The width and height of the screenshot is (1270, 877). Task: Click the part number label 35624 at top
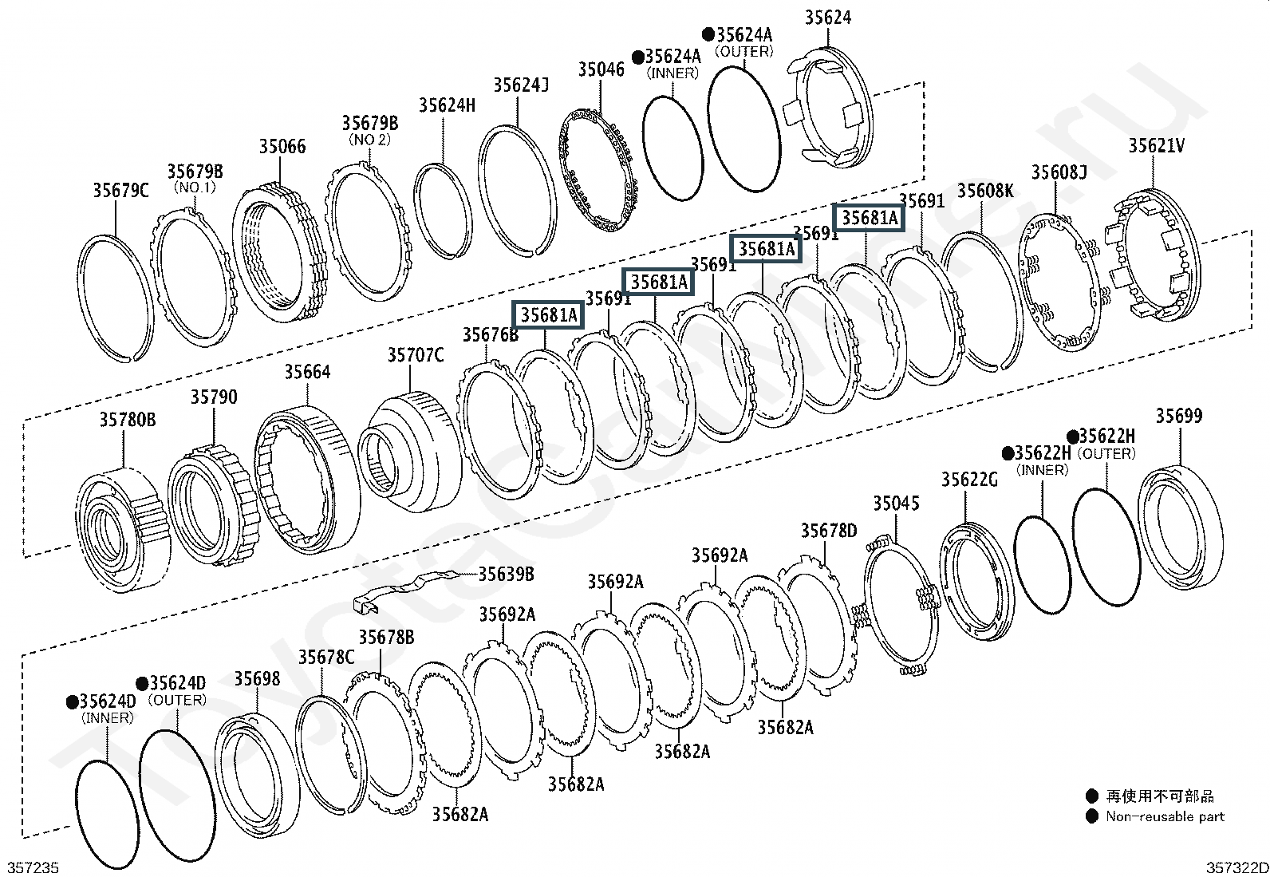pyautogui.click(x=827, y=18)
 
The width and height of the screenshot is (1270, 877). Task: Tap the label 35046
pyautogui.click(x=601, y=69)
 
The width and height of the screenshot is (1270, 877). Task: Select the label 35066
pyautogui.click(x=282, y=146)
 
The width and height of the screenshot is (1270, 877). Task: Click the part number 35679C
pyautogui.click(x=120, y=190)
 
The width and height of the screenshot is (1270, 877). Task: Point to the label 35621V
pyautogui.click(x=1156, y=146)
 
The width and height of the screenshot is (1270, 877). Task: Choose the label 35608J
pyautogui.click(x=1059, y=172)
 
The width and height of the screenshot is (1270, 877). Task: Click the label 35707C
pyautogui.click(x=416, y=354)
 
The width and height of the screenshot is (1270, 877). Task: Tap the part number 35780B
pyautogui.click(x=128, y=420)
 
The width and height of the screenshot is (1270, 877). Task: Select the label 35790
pyautogui.click(x=213, y=397)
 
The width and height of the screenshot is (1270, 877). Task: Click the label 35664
pyautogui.click(x=307, y=372)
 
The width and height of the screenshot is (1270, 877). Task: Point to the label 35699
pyautogui.click(x=1178, y=415)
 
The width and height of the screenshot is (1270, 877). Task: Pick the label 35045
pyautogui.click(x=896, y=503)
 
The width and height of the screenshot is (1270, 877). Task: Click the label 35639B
pyautogui.click(x=506, y=574)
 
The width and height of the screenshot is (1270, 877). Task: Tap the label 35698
pyautogui.click(x=257, y=678)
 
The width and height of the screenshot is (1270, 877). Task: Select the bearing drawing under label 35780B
pyautogui.click(x=124, y=528)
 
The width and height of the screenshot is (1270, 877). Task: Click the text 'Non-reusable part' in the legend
pyautogui.click(x=1165, y=816)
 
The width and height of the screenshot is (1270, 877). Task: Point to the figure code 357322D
pyautogui.click(x=1236, y=867)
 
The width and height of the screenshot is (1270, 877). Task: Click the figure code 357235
pyautogui.click(x=33, y=867)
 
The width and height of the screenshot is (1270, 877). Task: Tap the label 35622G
pyautogui.click(x=969, y=479)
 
